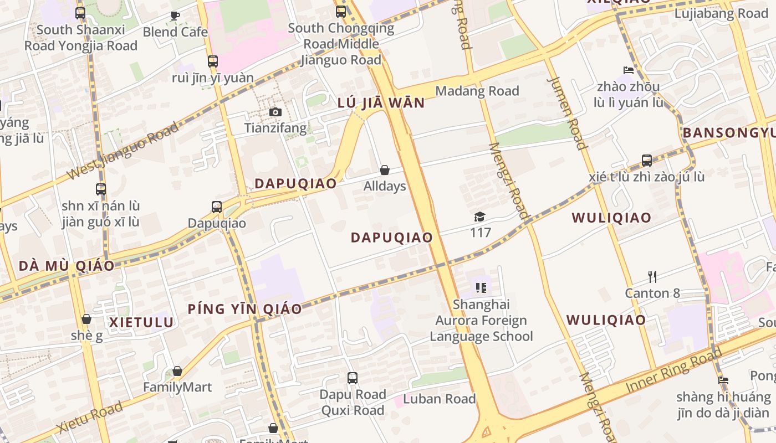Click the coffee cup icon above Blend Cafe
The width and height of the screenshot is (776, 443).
click(x=175, y=16)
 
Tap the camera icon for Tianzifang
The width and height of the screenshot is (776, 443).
click(x=275, y=112)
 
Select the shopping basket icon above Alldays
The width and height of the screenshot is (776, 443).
click(x=385, y=170)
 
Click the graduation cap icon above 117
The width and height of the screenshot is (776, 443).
click(x=479, y=217)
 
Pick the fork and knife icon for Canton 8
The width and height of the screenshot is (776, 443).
click(x=652, y=276)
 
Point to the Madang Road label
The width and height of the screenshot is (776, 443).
click(x=477, y=91)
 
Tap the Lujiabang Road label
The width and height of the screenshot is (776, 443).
click(x=721, y=14)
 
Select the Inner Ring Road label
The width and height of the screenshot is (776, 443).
click(x=675, y=370)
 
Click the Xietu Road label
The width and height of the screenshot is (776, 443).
click(x=89, y=418)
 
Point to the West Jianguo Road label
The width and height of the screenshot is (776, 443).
click(x=123, y=151)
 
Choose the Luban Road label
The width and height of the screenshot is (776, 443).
click(x=439, y=399)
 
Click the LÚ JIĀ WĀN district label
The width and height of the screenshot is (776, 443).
click(x=381, y=103)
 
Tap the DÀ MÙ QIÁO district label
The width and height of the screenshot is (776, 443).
click(x=67, y=266)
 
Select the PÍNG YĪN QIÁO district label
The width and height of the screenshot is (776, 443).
click(x=244, y=309)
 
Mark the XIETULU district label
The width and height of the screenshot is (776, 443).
click(x=141, y=322)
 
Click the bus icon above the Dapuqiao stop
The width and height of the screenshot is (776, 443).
click(x=217, y=207)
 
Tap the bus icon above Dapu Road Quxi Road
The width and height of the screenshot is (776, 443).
click(x=353, y=378)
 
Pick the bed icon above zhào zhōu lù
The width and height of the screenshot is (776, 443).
click(x=629, y=70)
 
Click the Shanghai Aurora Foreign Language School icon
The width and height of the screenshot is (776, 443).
click(x=481, y=288)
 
